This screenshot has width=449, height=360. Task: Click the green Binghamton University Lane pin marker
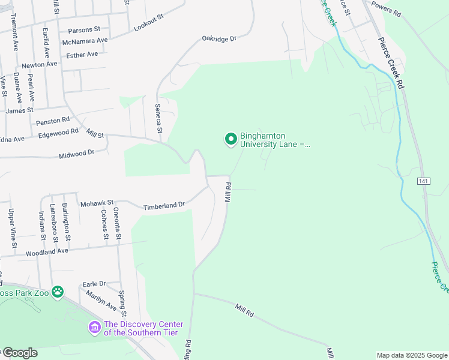coord(230,139)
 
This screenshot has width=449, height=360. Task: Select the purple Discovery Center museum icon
coord(94,327)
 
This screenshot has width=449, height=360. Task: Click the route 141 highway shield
coord(424,181)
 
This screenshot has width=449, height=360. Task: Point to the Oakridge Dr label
coord(218,38)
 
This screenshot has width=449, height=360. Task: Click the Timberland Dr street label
coord(163,206)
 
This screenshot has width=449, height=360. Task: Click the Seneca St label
coord(158,118)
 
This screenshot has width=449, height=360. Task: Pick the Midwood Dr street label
coord(77,154)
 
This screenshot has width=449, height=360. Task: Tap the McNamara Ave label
coord(85,41)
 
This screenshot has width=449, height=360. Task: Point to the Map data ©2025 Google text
coord(412,355)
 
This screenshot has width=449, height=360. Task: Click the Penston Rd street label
coord(53,121)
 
